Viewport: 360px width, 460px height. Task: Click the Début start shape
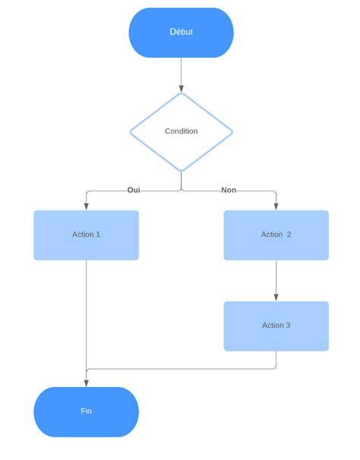[181, 33]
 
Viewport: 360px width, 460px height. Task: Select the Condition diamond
[181, 131]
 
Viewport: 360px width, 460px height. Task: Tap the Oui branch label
[134, 190]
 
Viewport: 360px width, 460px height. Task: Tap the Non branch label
[229, 190]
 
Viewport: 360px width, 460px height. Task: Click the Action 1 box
[86, 235]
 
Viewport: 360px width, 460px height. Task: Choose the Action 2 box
[276, 235]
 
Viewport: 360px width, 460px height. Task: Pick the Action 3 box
[276, 326]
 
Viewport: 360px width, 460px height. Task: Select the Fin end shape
[86, 411]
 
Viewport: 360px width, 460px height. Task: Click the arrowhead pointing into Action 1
[86, 206]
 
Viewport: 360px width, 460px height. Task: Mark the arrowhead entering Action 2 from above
[276, 206]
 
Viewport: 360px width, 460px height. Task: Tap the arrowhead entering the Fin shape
[86, 383]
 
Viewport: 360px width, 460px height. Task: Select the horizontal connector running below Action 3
[182, 369]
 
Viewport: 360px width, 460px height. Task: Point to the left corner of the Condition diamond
[131, 131]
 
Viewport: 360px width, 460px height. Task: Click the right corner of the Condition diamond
[231, 131]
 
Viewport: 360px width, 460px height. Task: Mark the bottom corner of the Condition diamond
[181, 170]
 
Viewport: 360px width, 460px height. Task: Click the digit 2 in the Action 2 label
[289, 235]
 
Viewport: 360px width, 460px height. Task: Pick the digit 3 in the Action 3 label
[287, 326]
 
